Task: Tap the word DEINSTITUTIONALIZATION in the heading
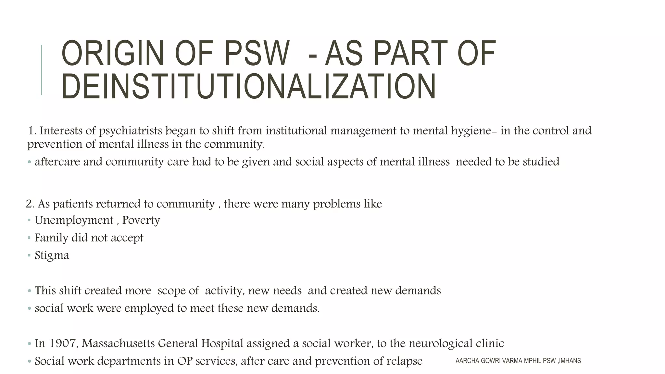tap(248, 87)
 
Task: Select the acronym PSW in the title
tap(257, 53)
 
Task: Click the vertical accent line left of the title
tap(42, 70)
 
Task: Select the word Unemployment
tap(74, 220)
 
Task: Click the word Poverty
tap(141, 220)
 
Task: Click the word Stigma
tap(52, 256)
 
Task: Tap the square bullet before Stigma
tap(29, 256)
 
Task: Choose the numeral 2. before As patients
tap(30, 204)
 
